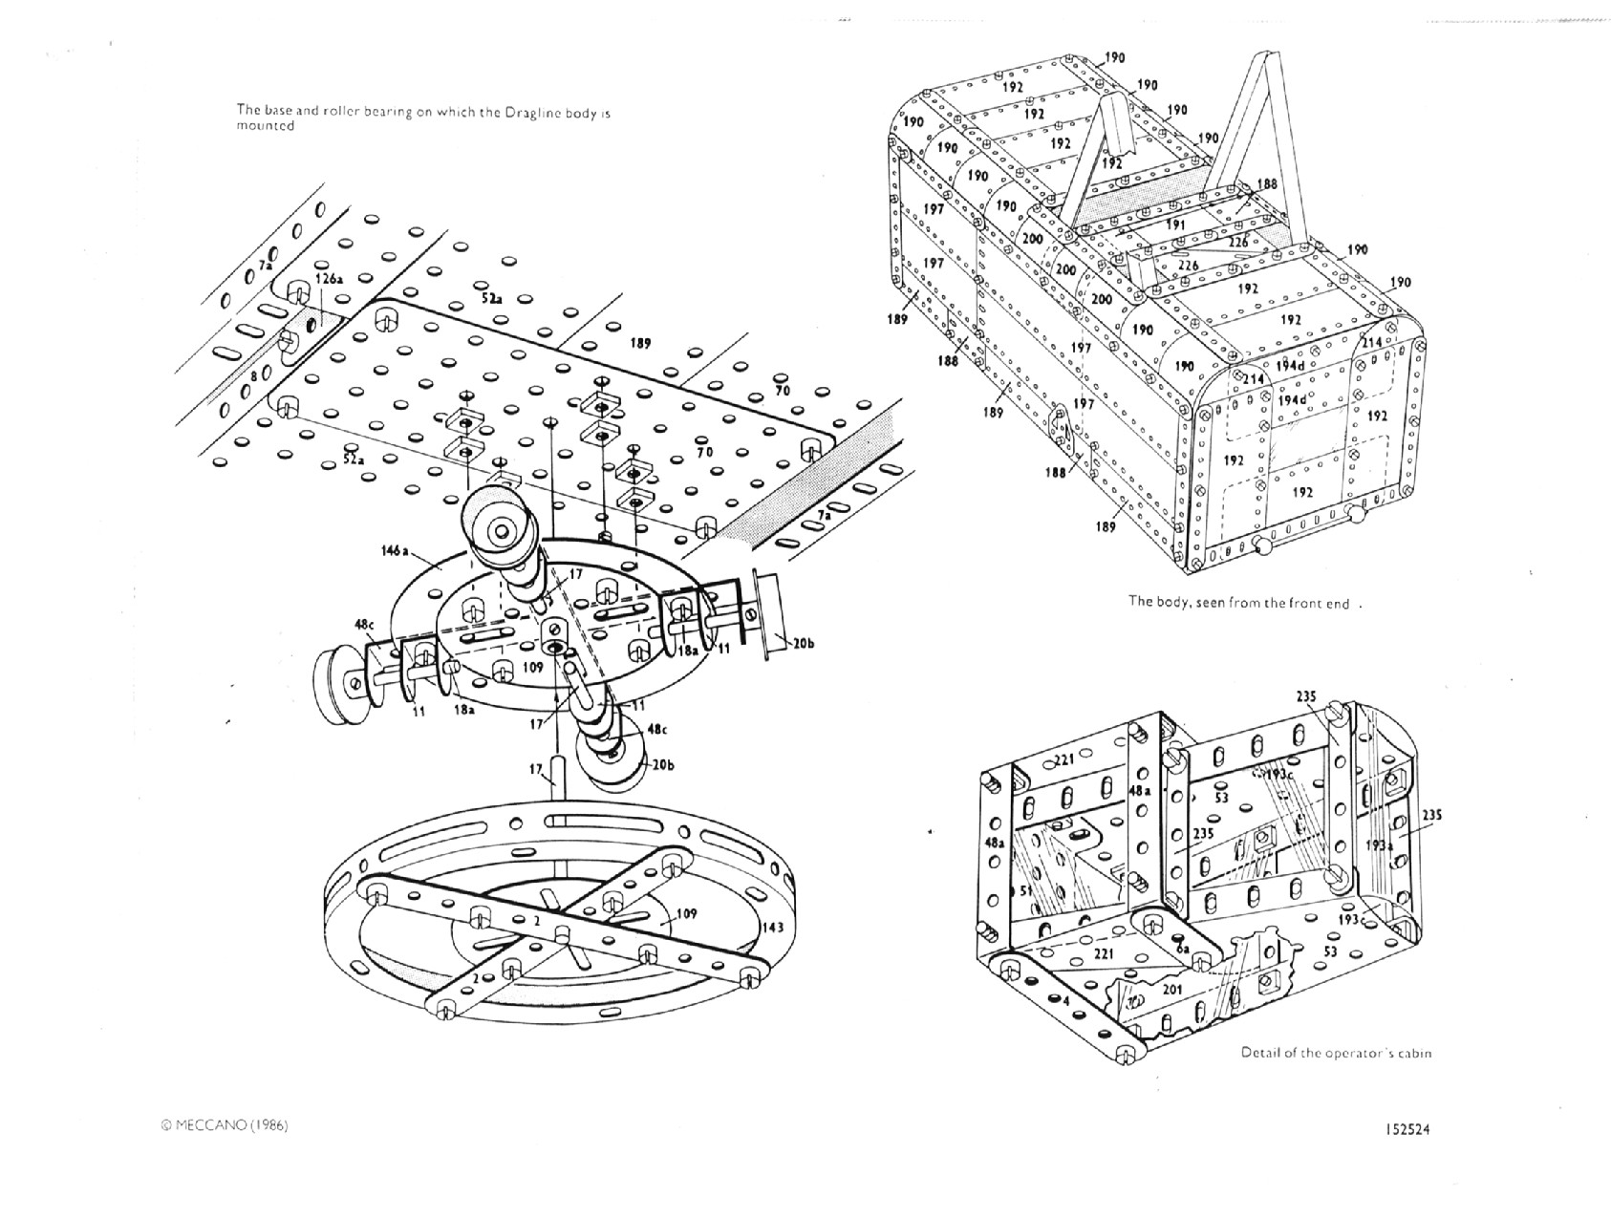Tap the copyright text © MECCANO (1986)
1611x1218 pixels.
pyautogui.click(x=225, y=1125)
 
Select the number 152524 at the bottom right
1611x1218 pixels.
pyautogui.click(x=1407, y=1128)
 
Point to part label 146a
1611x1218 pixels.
pyautogui.click(x=395, y=551)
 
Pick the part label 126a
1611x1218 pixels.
pyautogui.click(x=330, y=279)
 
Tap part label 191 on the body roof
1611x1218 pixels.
pyautogui.click(x=1175, y=224)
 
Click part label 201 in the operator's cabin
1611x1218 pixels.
pyautogui.click(x=1172, y=989)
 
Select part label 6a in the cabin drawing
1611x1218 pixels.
pyautogui.click(x=1183, y=948)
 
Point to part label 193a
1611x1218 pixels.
pyautogui.click(x=1377, y=844)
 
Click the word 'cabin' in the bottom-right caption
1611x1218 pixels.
pyautogui.click(x=1412, y=1053)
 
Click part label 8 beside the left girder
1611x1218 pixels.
pyautogui.click(x=252, y=377)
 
